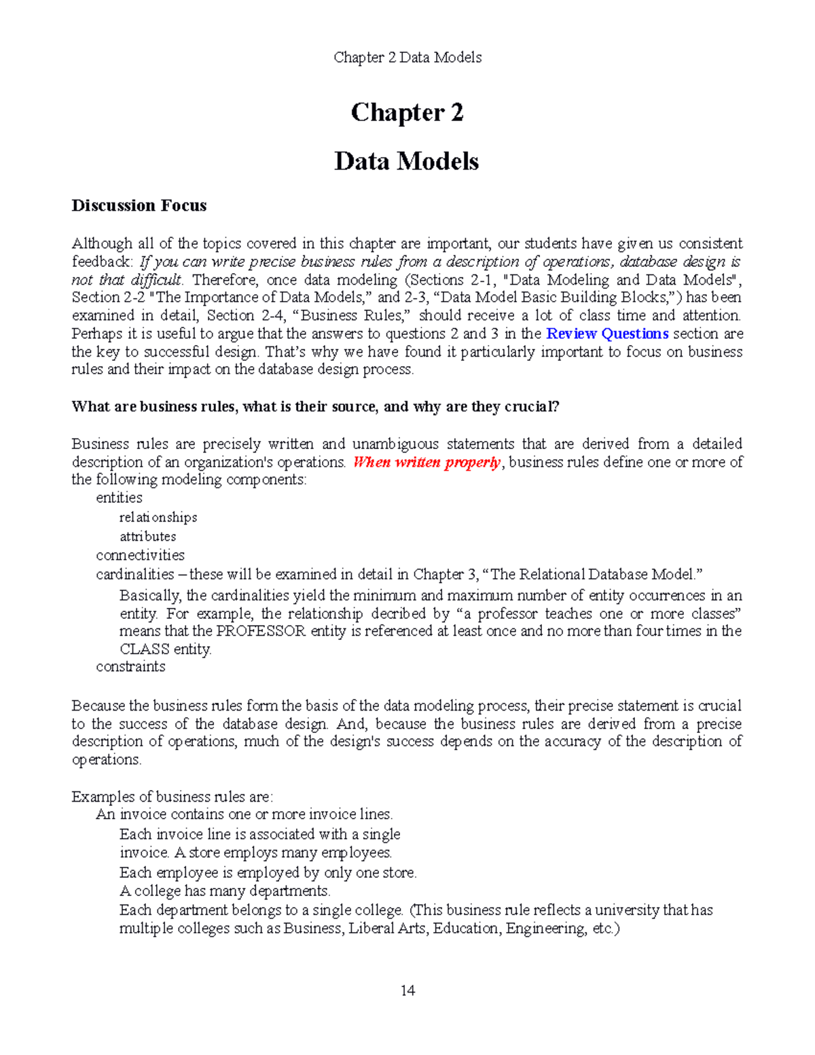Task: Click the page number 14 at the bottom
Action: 407,990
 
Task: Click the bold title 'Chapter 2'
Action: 407,113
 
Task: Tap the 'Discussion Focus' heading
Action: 139,206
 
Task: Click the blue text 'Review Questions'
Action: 607,334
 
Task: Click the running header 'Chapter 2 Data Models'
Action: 407,58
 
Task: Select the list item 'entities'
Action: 119,498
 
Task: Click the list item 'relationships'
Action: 158,518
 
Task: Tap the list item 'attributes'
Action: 148,537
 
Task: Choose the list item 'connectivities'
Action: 140,555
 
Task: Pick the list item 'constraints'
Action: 130,666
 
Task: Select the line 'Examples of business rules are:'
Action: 172,797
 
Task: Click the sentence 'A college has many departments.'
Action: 225,891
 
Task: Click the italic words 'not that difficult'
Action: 127,280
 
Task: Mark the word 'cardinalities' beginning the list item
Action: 135,575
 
